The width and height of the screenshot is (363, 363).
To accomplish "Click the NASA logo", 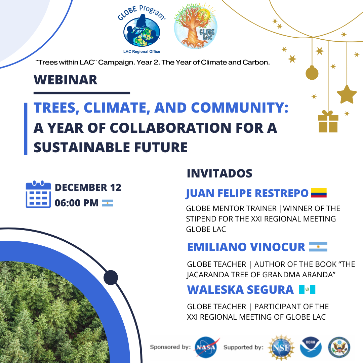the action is pyautogui.click(x=206, y=347).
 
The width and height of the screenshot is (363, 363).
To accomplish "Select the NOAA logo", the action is pyautogui.click(x=311, y=347).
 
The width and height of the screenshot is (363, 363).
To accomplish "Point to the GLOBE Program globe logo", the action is pyautogui.click(x=142, y=30).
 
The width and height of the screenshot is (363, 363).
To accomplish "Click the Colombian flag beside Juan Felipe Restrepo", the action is pyautogui.click(x=319, y=193).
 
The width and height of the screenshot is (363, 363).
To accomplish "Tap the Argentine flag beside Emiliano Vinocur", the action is pyautogui.click(x=318, y=247).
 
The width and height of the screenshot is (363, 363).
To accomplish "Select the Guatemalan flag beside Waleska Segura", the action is pyautogui.click(x=307, y=289).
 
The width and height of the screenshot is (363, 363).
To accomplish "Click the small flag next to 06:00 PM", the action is pyautogui.click(x=108, y=203).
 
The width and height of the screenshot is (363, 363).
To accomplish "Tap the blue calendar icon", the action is pyautogui.click(x=38, y=194).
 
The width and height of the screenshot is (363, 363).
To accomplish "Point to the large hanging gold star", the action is pyautogui.click(x=347, y=94).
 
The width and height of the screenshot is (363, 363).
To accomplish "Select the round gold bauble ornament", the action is pyautogui.click(x=312, y=73).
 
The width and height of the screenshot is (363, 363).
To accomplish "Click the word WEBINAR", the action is pyautogui.click(x=66, y=80).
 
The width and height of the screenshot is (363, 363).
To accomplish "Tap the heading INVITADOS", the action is pyautogui.click(x=219, y=173).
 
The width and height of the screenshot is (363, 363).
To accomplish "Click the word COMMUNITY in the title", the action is pyautogui.click(x=240, y=108).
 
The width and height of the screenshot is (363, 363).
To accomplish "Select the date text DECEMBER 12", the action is pyautogui.click(x=88, y=188).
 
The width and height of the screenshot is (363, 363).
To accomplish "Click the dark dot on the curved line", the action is pyautogui.click(x=111, y=277).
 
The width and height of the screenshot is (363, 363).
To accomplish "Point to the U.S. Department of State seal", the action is pyautogui.click(x=339, y=347).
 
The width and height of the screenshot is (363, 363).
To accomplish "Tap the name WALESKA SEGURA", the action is pyautogui.click(x=240, y=290).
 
